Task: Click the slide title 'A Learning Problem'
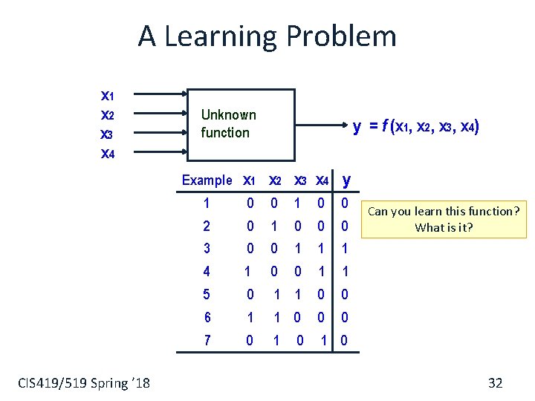pyautogui.click(x=267, y=36)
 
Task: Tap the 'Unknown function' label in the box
pyautogui.click(x=228, y=124)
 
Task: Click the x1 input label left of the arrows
pyautogui.click(x=107, y=95)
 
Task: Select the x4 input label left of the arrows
pyautogui.click(x=107, y=154)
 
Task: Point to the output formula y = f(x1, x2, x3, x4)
pyautogui.click(x=415, y=127)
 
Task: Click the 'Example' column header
pyautogui.click(x=207, y=180)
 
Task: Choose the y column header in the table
pyautogui.click(x=346, y=180)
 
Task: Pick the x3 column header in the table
pyautogui.click(x=300, y=180)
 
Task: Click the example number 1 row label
pyautogui.click(x=206, y=203)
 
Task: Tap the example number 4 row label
pyautogui.click(x=206, y=272)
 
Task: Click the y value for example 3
pyautogui.click(x=345, y=249)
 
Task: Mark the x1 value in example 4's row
pyautogui.click(x=247, y=272)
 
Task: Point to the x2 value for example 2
pyautogui.click(x=274, y=226)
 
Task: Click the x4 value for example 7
pyautogui.click(x=323, y=341)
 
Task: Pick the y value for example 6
pyautogui.click(x=345, y=318)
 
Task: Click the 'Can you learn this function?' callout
pyautogui.click(x=444, y=219)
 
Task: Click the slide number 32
pyautogui.click(x=495, y=383)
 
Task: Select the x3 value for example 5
pyautogui.click(x=297, y=295)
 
